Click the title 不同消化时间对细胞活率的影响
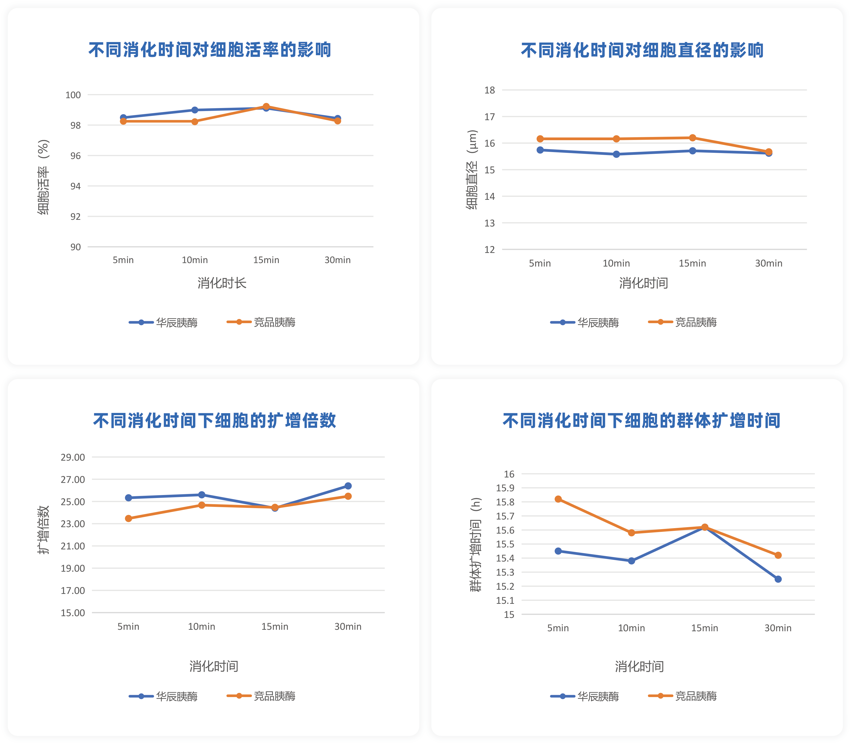click(x=210, y=50)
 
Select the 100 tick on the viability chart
click(x=73, y=95)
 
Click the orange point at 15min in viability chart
click(x=266, y=107)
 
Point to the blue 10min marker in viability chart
click(x=195, y=110)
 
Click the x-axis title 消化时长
click(x=222, y=283)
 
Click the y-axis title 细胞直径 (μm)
click(x=472, y=170)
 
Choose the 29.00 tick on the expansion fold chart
click(x=73, y=457)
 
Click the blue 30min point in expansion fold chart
click(x=348, y=486)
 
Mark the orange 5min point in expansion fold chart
click(x=129, y=518)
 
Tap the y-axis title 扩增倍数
click(x=43, y=530)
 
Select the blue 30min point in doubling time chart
click(x=778, y=579)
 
